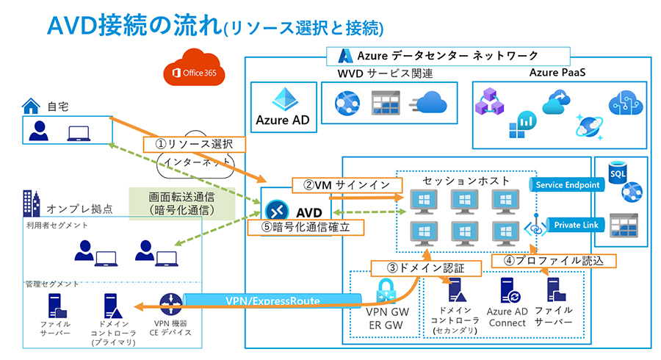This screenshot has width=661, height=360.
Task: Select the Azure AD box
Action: (283, 107)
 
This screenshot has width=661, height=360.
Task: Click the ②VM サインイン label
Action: (346, 184)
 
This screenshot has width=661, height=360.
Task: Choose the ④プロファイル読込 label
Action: (551, 260)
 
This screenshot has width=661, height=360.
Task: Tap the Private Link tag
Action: (568, 224)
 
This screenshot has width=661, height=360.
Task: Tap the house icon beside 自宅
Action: (30, 107)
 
